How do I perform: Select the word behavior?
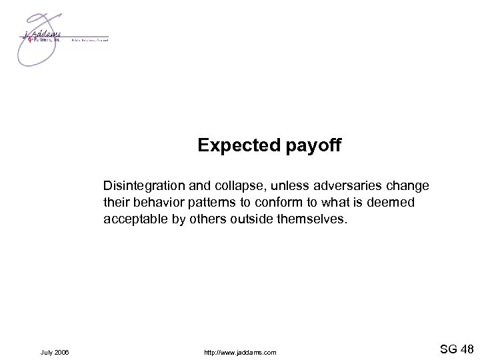(x=149, y=201)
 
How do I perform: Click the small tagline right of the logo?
(x=89, y=41)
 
